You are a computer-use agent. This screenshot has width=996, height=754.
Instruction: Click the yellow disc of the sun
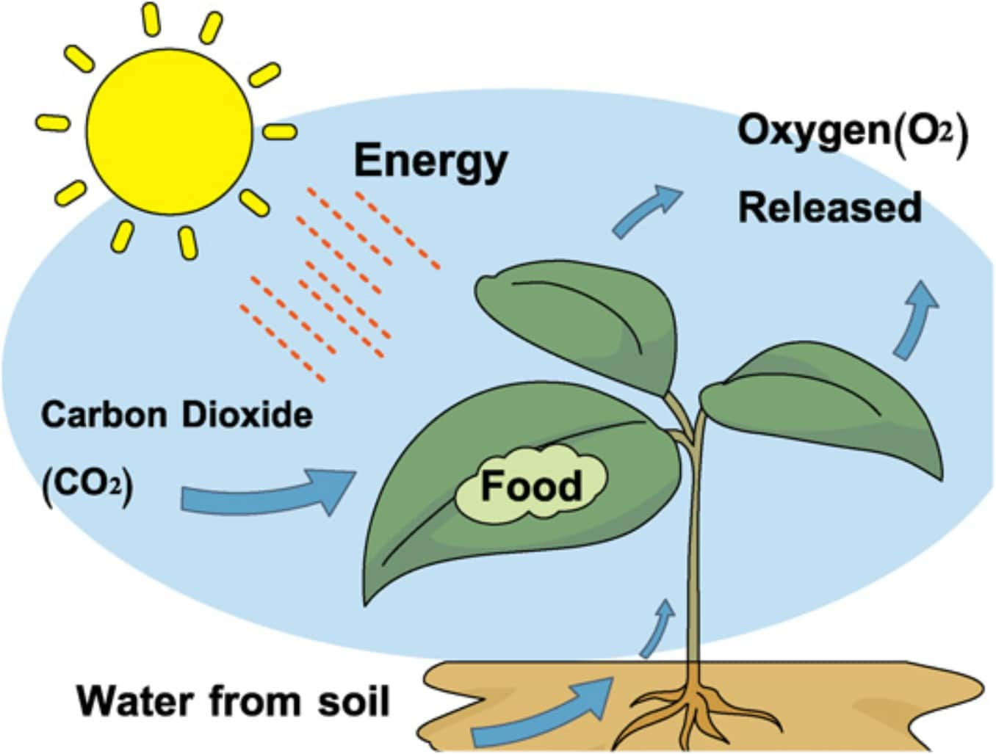tap(169, 131)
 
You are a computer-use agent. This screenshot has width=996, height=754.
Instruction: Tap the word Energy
tap(430, 161)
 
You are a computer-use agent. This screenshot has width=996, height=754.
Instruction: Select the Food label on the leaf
tap(531, 485)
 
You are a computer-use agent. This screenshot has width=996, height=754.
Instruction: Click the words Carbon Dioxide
tap(176, 415)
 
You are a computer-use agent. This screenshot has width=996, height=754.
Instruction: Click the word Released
tap(829, 207)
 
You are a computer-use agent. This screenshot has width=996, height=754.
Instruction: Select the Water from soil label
tap(233, 701)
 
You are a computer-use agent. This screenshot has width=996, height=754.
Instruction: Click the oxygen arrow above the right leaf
tap(915, 320)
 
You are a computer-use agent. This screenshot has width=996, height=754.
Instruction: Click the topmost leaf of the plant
tap(580, 316)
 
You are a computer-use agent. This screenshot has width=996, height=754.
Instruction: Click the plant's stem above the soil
tap(693, 558)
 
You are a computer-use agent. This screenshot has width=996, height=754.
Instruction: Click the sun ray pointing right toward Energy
tap(280, 131)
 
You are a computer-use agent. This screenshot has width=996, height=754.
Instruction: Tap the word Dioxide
tap(246, 415)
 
